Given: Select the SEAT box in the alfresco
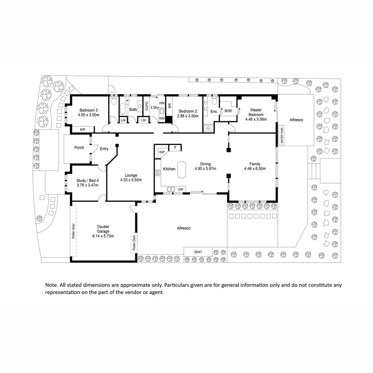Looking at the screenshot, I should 198,252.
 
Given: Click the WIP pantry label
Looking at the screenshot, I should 162,152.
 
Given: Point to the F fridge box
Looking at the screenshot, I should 175,148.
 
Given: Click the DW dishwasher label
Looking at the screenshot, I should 180,189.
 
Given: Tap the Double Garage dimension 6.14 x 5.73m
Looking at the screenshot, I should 103,236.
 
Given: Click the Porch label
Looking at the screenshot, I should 79,147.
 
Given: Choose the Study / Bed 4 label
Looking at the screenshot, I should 87,180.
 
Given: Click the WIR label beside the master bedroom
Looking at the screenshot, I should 228,111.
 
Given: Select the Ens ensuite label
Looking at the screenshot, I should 213,112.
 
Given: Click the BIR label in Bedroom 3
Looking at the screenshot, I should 83,130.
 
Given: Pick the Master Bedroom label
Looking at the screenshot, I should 257,112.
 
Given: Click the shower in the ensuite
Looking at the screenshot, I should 208,128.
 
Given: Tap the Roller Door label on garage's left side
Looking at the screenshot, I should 73,231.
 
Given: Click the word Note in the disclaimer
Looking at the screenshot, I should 51,285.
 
